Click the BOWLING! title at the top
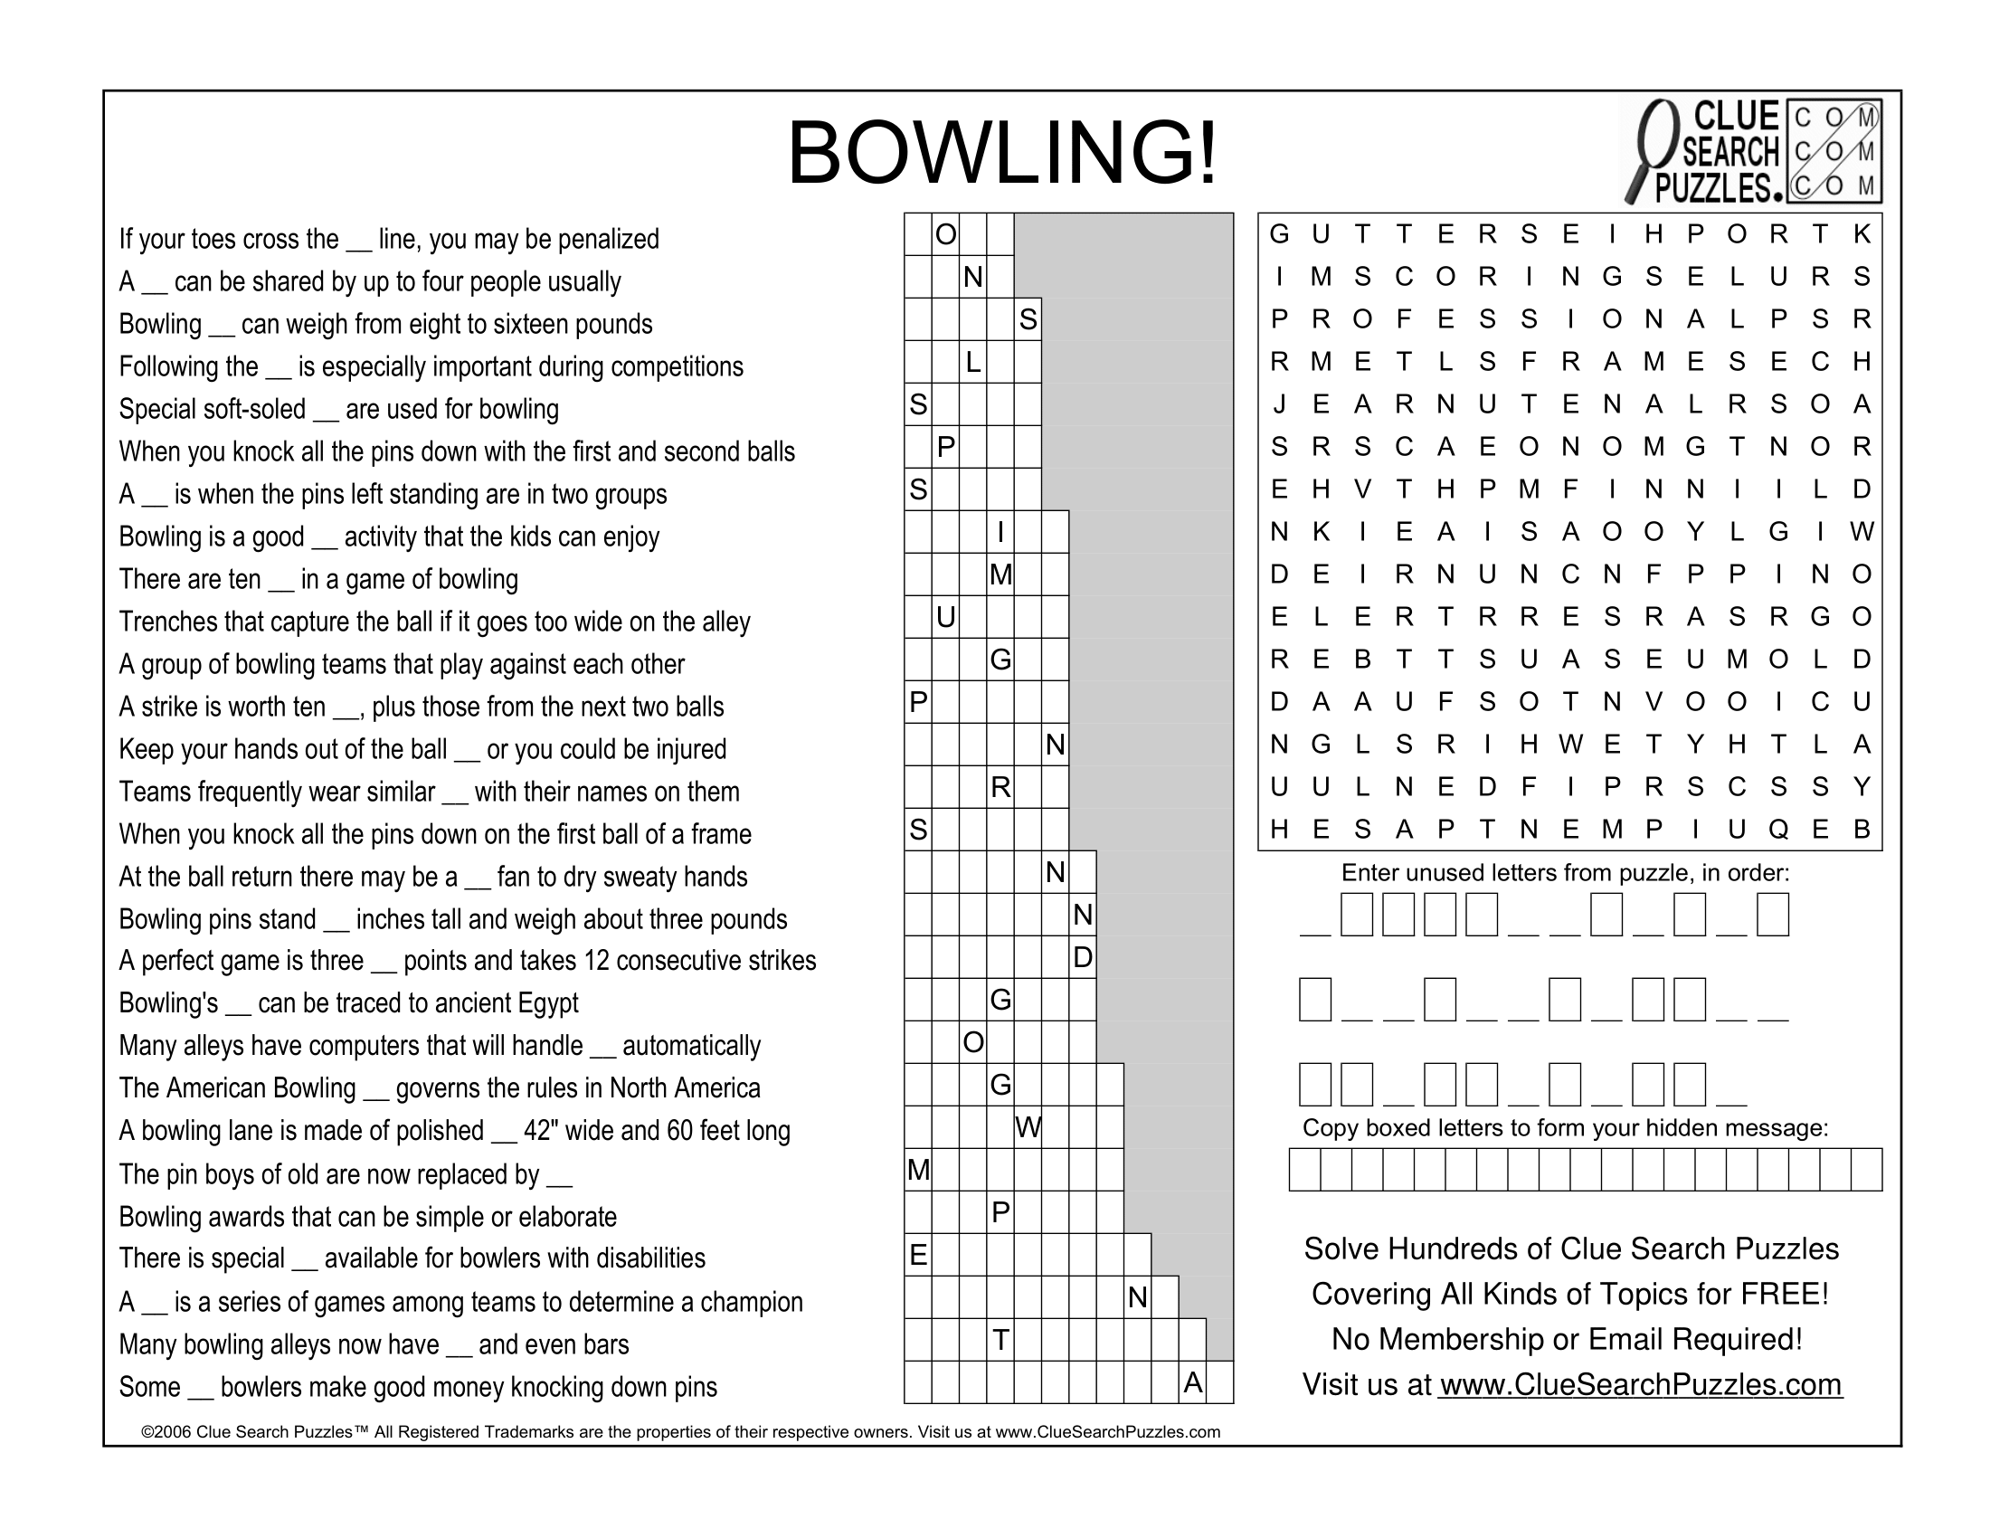tap(1001, 153)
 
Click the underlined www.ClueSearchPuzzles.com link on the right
tap(1640, 1384)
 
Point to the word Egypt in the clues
tap(547, 1003)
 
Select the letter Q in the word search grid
tap(1778, 829)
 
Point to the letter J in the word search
tap(1280, 403)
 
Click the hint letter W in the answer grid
tap(1028, 1128)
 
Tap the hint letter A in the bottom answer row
tap(1193, 1383)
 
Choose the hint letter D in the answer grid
tap(1083, 956)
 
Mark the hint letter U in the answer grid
tap(946, 618)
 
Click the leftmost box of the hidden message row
tap(1304, 1170)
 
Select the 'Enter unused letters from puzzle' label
tap(1565, 873)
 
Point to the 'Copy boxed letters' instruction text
tap(1565, 1128)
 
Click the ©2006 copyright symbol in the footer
tap(147, 1432)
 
